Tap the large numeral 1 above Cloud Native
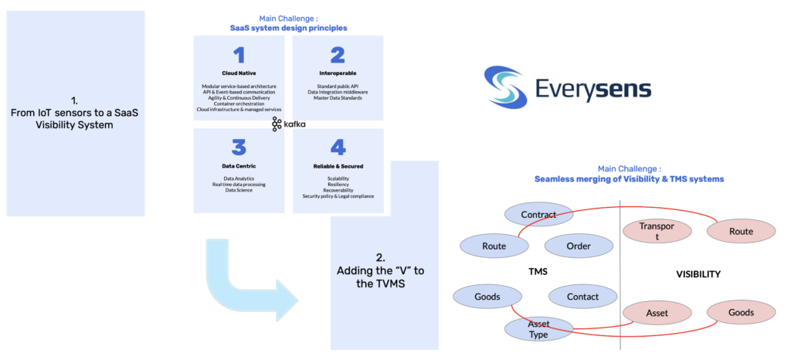pos(239,55)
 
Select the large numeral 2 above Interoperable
pos(338,55)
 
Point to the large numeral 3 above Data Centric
pos(239,148)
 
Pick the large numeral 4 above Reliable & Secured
pos(338,148)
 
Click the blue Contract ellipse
pos(538,215)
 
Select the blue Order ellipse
pos(579,246)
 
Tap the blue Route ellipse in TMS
pos(494,246)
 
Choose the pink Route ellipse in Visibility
pos(741,231)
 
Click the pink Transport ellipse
pos(657,232)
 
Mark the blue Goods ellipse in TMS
pos(487,297)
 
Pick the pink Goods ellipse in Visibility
pos(741,313)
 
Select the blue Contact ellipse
pos(582,297)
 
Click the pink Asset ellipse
pos(657,313)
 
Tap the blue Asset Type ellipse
pos(538,329)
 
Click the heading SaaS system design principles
pos(288,28)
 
